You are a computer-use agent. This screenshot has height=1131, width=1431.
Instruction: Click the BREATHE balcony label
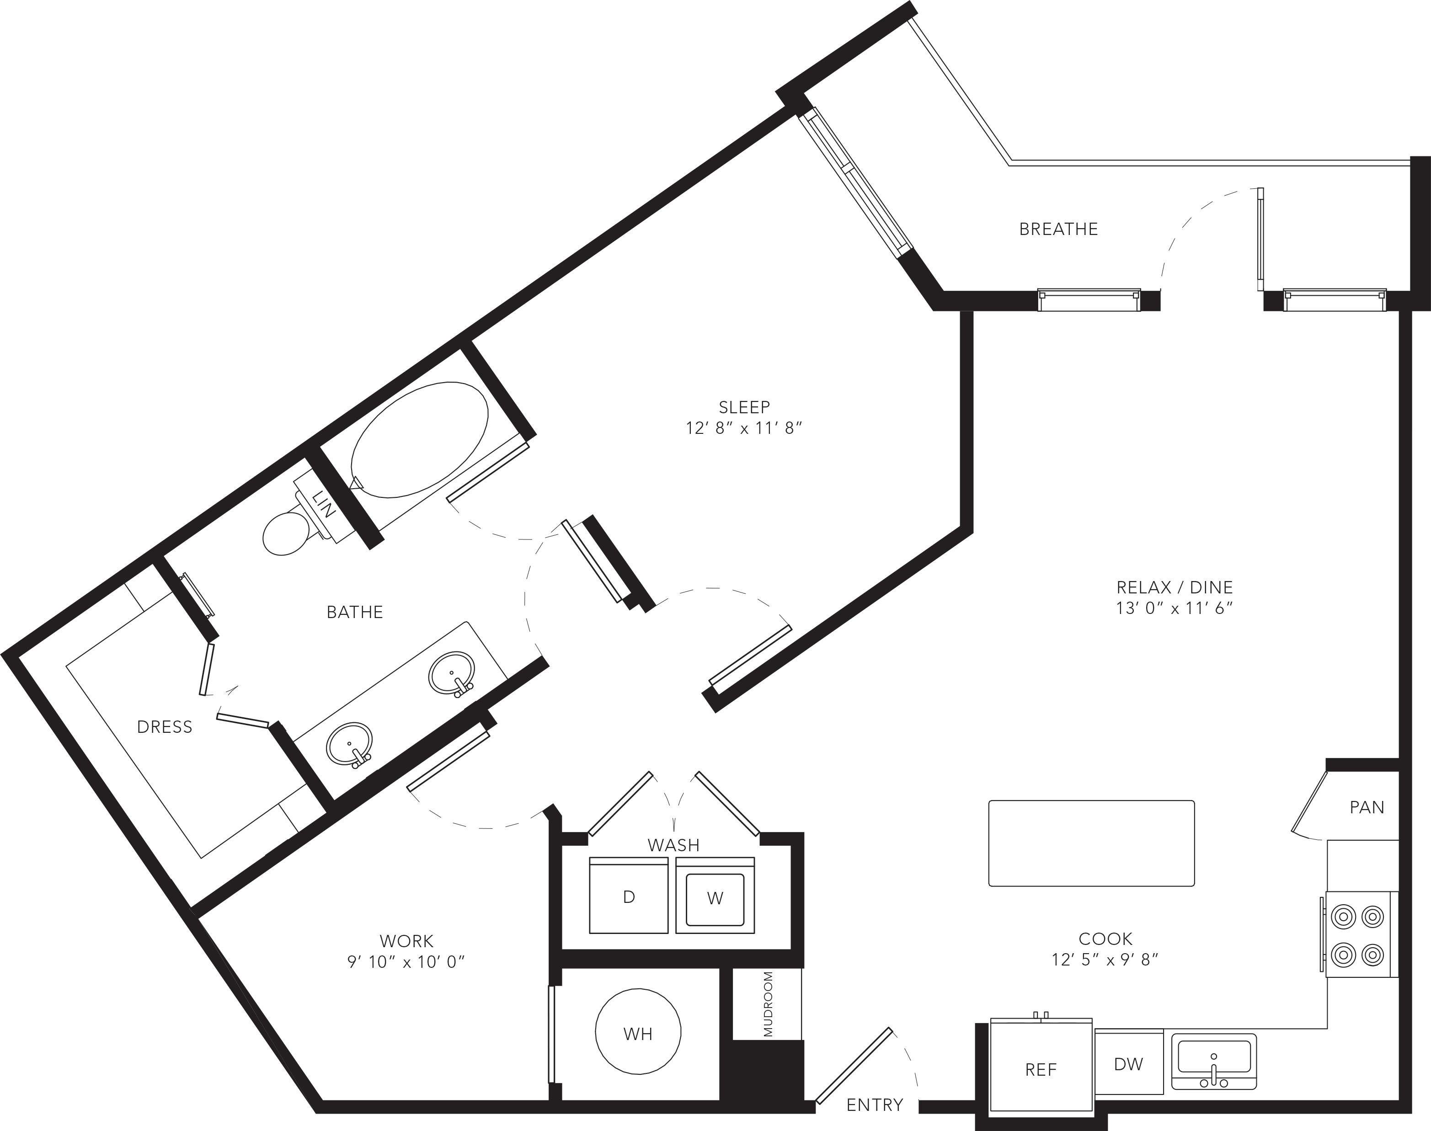coord(1058,229)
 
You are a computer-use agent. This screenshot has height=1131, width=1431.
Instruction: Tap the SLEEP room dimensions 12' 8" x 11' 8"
coord(744,428)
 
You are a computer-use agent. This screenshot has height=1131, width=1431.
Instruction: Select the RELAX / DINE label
coord(1175,587)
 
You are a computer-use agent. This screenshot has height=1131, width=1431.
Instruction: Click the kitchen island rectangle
coord(1091,843)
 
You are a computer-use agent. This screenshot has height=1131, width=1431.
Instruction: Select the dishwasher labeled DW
coord(1129,1063)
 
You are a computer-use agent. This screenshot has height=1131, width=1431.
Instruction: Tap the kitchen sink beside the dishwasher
coord(1214,1062)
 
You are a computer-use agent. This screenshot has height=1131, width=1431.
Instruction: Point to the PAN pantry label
coord(1367,807)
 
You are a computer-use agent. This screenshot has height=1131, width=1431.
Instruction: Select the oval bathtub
coord(419,438)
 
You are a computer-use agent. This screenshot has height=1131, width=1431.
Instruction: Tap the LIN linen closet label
coord(325,504)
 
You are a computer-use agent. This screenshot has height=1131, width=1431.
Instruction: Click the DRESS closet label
coord(164,727)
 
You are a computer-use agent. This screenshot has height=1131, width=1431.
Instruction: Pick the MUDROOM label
coord(768,1004)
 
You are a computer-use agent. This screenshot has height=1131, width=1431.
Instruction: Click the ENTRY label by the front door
coord(875,1104)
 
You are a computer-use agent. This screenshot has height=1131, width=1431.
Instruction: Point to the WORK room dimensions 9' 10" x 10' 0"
coord(406,961)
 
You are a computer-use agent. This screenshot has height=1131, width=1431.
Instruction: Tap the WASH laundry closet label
coord(673,845)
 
